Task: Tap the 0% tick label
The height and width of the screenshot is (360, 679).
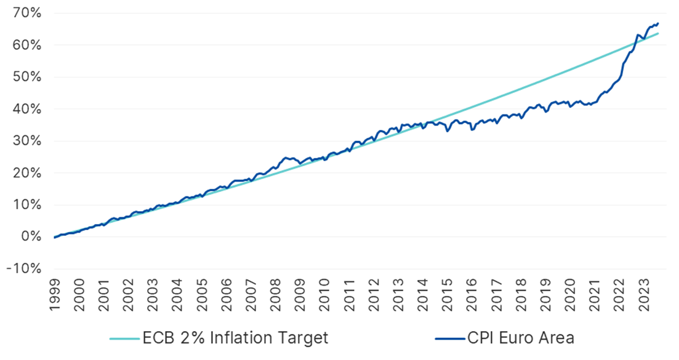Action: pyautogui.click(x=31, y=237)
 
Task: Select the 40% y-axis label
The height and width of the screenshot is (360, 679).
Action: pyautogui.click(x=28, y=109)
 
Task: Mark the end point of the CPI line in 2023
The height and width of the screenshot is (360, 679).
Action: pyautogui.click(x=658, y=24)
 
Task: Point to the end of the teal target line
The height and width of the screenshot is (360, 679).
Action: pyautogui.click(x=658, y=33)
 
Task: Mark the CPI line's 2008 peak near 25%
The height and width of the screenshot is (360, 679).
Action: pyautogui.click(x=286, y=158)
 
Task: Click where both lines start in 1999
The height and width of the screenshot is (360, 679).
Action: pyautogui.click(x=55, y=238)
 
